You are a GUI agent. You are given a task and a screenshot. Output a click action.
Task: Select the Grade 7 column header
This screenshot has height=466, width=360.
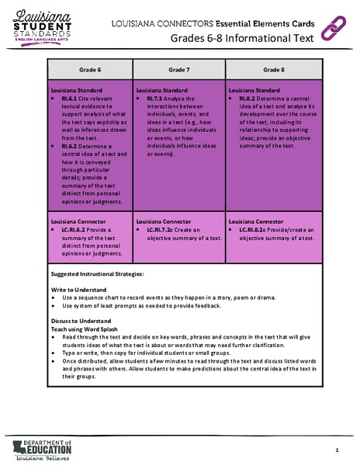(180, 70)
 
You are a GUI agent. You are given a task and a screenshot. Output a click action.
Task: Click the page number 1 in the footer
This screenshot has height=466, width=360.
(337, 450)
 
